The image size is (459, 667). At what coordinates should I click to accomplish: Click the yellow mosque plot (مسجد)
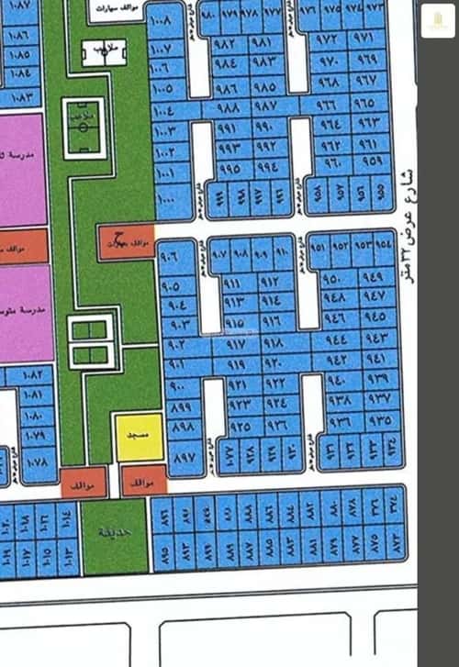pos(139,438)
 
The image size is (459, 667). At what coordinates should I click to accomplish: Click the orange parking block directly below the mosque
pos(144,481)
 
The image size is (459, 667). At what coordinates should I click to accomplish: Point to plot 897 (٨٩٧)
pos(184,456)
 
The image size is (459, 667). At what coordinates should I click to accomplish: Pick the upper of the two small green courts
pos(90,329)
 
